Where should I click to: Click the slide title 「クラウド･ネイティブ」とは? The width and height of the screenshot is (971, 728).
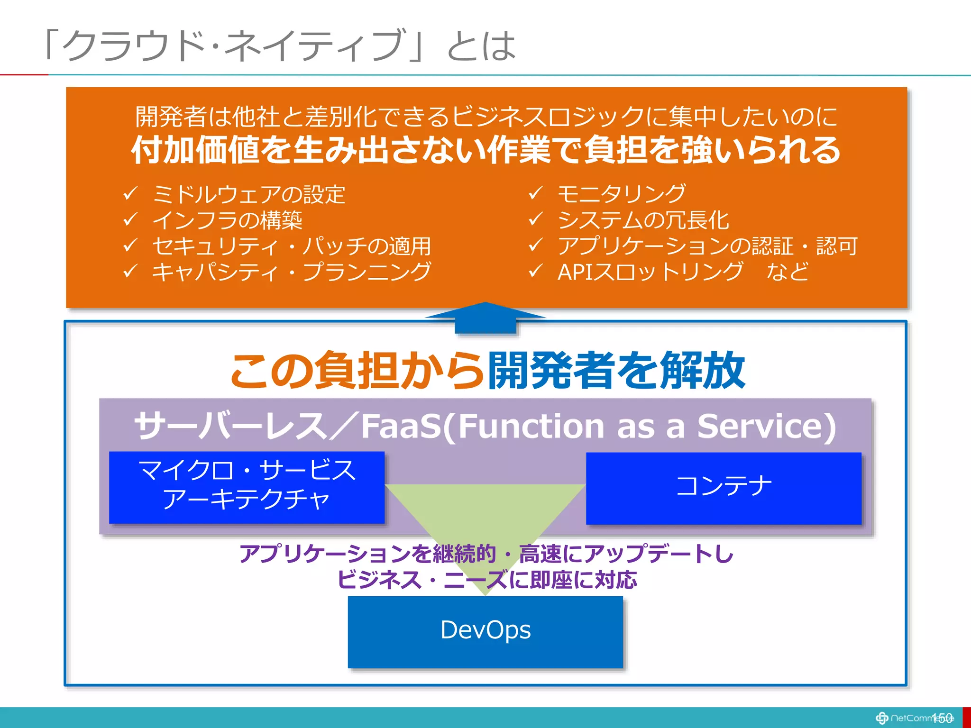[x=280, y=45]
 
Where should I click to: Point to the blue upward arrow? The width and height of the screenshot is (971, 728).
[x=485, y=318]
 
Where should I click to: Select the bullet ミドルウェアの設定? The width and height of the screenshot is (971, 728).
[x=249, y=194]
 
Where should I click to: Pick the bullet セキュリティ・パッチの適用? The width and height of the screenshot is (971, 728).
[x=291, y=246]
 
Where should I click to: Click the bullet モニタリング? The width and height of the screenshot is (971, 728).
[x=621, y=193]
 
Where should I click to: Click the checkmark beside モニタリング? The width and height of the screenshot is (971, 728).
[x=535, y=193]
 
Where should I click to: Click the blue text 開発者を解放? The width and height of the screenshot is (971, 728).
[x=616, y=371]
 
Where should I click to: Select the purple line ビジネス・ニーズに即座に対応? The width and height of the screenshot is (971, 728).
[x=487, y=580]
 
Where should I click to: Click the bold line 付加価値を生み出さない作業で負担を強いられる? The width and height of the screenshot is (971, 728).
[x=486, y=150]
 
